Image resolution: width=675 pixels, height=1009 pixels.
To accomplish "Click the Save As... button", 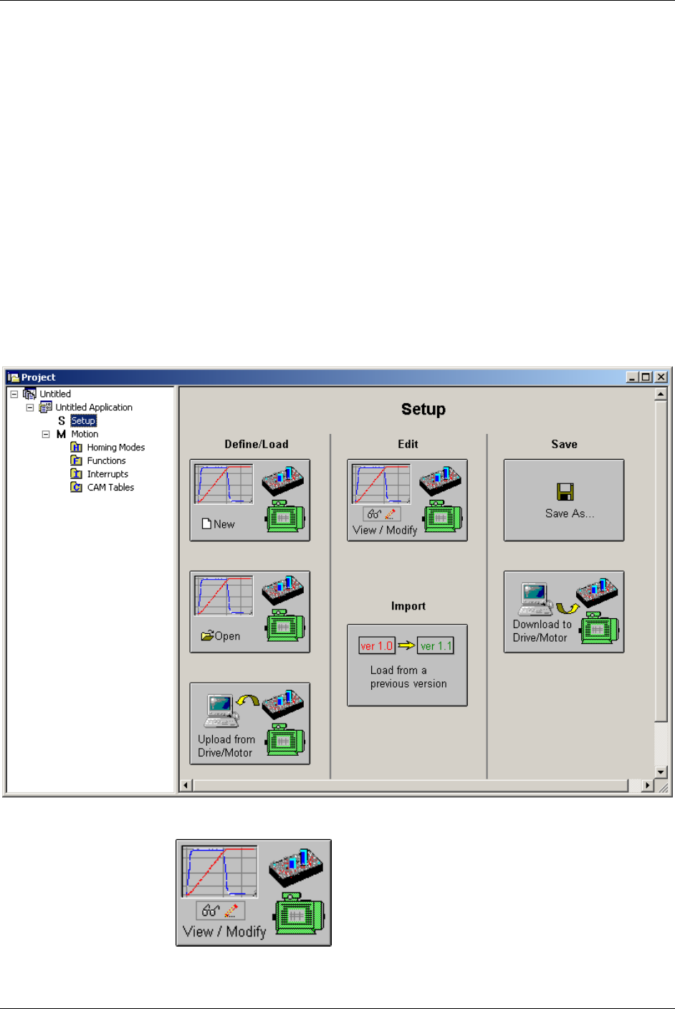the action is [x=564, y=500].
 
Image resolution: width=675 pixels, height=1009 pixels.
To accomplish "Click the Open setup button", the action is [x=249, y=612].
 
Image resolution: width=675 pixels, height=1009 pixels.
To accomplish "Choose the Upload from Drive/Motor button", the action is [x=249, y=724].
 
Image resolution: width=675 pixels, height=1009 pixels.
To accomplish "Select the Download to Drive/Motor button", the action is [x=564, y=612].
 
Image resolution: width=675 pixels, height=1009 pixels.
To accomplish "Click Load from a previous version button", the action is [x=407, y=665].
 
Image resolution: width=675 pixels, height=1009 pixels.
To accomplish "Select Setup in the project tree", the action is [x=83, y=421].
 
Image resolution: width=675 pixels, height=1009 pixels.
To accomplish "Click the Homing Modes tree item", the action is [x=115, y=447].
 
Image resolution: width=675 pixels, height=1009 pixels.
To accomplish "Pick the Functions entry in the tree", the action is [x=106, y=461].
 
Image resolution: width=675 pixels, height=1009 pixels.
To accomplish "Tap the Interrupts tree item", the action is [x=107, y=474].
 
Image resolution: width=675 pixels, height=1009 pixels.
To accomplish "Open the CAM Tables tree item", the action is [x=110, y=488].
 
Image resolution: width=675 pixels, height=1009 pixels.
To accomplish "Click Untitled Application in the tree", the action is [x=94, y=407].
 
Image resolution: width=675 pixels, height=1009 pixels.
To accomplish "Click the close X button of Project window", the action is [x=661, y=377].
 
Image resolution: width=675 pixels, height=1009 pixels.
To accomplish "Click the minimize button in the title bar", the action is [x=633, y=377].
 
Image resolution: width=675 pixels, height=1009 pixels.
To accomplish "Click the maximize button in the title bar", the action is [x=646, y=377].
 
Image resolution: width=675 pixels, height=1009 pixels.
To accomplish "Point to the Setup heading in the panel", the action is [x=423, y=409].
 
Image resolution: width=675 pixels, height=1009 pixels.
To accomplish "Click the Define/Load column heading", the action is [x=257, y=445].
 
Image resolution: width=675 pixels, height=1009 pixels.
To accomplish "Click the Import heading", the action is [x=408, y=607].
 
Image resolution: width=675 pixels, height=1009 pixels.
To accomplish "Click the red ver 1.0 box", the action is [x=376, y=646].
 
